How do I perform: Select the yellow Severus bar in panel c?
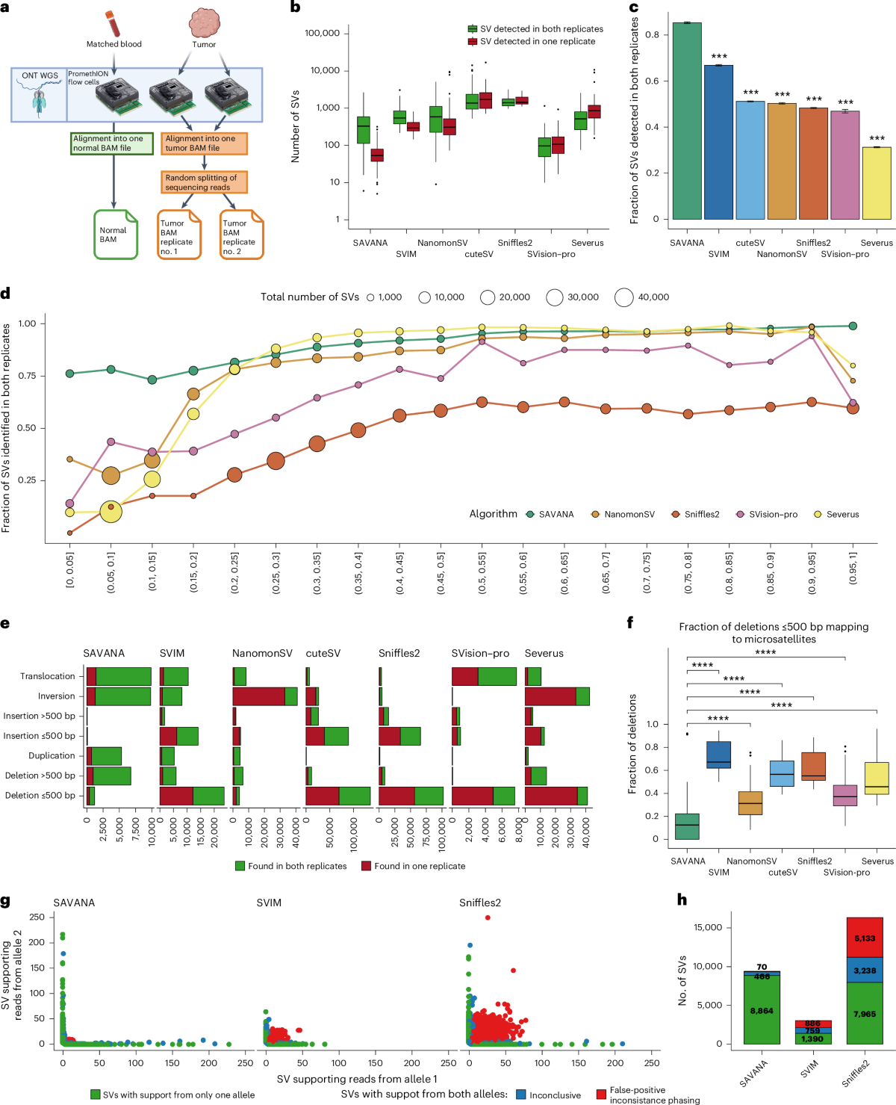877,183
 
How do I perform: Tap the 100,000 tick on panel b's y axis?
322,33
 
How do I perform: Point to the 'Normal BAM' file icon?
114,235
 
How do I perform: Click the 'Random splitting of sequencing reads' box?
203,182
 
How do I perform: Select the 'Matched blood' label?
113,44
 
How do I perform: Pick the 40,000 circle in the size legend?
624,297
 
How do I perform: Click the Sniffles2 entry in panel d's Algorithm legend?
701,514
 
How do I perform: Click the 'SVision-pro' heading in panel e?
480,653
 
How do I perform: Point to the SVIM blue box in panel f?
718,755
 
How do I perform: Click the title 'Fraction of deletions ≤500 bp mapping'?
774,627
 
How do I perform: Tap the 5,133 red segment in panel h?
865,938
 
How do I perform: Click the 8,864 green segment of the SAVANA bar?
762,1010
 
